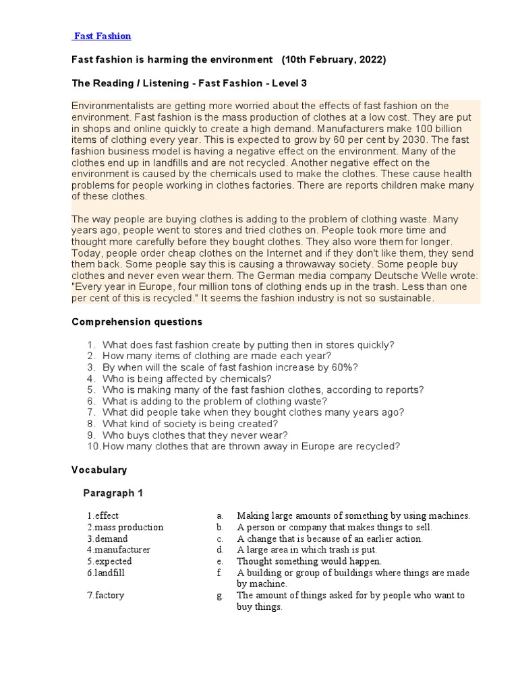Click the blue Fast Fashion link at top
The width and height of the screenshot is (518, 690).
[103, 36]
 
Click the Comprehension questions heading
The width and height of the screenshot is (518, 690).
[137, 322]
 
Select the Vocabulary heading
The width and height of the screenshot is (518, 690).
[99, 470]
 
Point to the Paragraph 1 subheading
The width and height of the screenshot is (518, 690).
[113, 493]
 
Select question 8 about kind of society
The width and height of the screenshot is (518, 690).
[190, 424]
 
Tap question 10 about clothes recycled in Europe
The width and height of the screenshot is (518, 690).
[251, 446]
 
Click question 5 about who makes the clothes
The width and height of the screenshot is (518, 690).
[263, 389]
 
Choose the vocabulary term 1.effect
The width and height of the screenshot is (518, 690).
[103, 516]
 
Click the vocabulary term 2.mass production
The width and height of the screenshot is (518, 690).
[125, 528]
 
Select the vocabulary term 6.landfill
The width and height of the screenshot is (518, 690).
[106, 573]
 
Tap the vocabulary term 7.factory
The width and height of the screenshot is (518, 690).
[105, 596]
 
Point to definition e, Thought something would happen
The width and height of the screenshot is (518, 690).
[309, 561]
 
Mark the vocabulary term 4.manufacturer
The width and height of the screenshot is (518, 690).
[118, 550]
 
